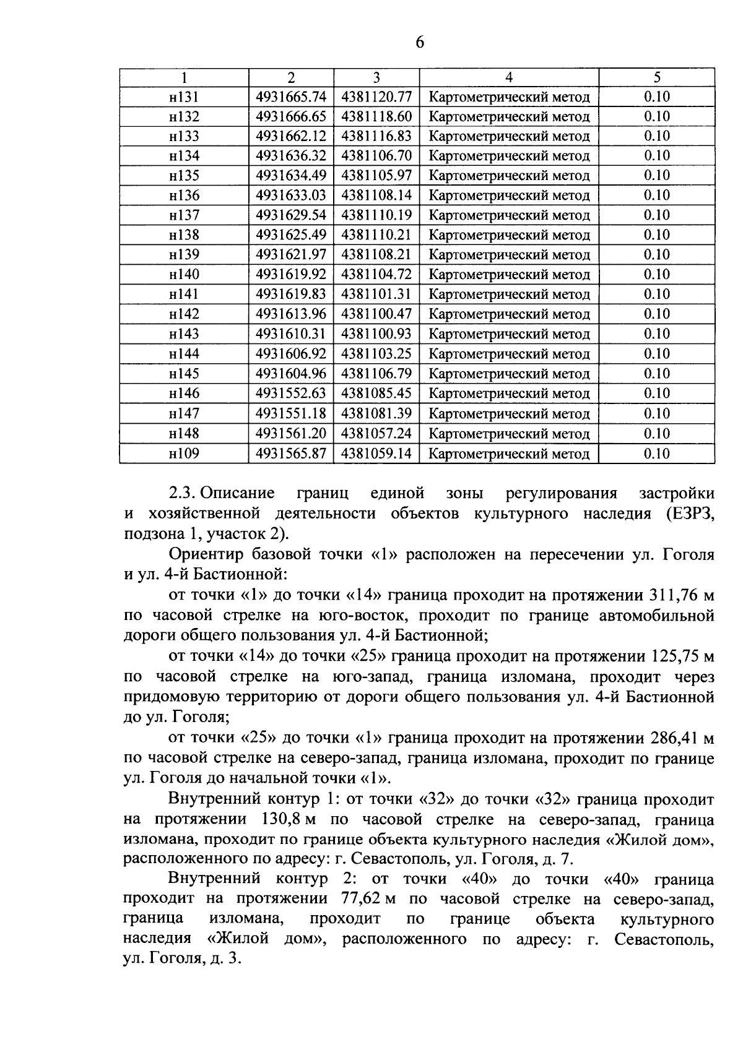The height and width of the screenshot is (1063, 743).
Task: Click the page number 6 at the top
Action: coord(419,43)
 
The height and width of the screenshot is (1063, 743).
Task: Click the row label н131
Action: coord(184,97)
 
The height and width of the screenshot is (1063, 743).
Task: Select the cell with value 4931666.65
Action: coord(291,116)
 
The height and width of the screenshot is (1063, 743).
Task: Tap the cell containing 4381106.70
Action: coord(376,156)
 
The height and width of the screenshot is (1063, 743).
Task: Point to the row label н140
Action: coord(184,275)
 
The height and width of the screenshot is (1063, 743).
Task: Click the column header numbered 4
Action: coord(509,77)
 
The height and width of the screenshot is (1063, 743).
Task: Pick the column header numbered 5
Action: coord(657,77)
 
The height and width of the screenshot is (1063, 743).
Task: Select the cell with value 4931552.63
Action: coord(291,394)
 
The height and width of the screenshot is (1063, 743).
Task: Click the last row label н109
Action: coord(184,454)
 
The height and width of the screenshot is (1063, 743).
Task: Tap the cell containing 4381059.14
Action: coord(376,454)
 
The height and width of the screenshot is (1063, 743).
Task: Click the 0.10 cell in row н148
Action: coord(657,433)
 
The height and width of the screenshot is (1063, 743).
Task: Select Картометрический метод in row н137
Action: coord(509,215)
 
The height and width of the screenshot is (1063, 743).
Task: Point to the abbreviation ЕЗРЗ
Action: coord(689,514)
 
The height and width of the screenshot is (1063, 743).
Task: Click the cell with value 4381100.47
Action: coord(376,314)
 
